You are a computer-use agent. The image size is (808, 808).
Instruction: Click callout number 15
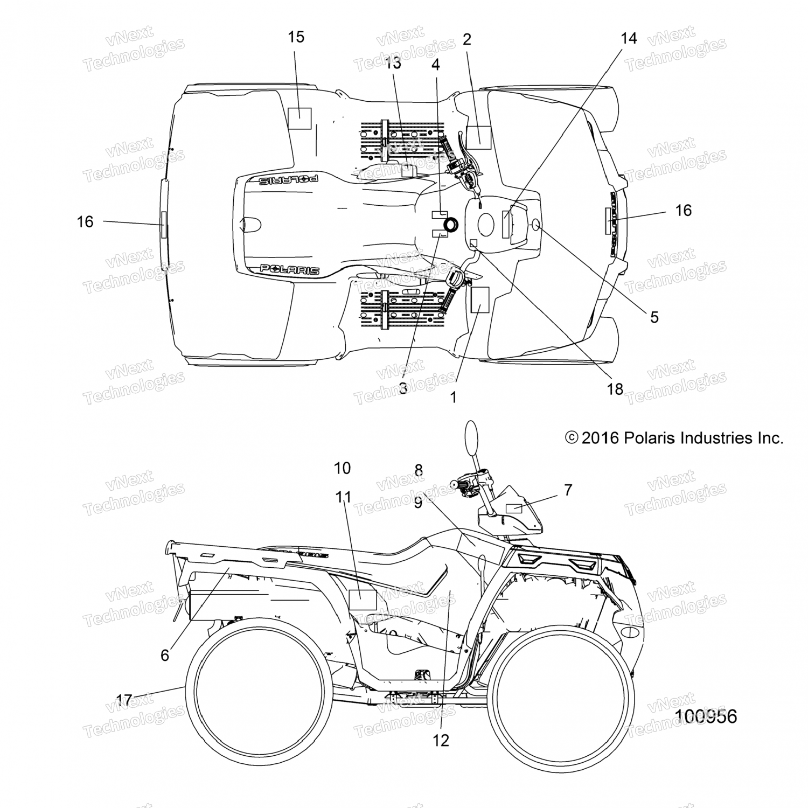[296, 37]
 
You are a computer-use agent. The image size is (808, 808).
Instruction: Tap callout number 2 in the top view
[466, 39]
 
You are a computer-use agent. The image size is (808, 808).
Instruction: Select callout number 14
[629, 38]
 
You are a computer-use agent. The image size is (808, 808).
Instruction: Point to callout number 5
[654, 317]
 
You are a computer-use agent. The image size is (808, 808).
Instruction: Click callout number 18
[615, 388]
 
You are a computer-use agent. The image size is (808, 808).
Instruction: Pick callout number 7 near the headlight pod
[568, 490]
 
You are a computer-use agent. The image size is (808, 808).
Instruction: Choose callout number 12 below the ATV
[441, 741]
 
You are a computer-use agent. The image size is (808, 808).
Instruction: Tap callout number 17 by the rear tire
[124, 700]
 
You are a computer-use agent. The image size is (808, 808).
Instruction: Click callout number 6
[165, 654]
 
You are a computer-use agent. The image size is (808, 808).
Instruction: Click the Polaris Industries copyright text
[674, 438]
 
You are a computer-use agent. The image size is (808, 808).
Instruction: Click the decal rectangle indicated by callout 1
[480, 300]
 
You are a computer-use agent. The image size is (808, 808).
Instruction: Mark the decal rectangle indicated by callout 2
[478, 137]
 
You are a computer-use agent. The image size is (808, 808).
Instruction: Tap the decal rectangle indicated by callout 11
[363, 600]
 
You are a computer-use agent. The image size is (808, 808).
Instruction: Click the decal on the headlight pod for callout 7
[514, 509]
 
